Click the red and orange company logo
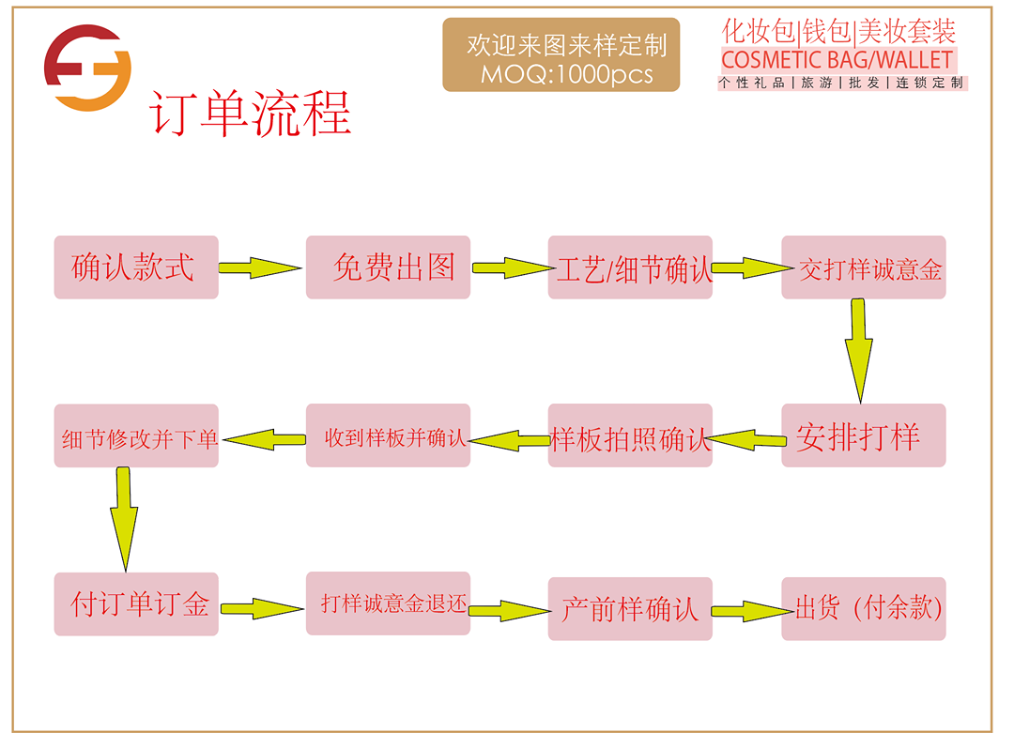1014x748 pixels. point(87,69)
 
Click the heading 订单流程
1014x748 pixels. point(250,114)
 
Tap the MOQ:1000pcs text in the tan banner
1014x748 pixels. point(566,74)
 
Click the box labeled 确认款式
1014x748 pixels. point(136,267)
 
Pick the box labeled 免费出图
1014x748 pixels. point(388,267)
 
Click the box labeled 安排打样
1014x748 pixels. point(864,435)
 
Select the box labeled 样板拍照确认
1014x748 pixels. point(630,435)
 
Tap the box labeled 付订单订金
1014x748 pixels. point(136,603)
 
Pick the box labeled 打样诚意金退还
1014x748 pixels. point(388,603)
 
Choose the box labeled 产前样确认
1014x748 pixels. point(630,609)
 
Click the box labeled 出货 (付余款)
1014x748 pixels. point(864,609)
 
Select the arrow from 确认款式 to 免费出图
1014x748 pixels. point(259,268)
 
